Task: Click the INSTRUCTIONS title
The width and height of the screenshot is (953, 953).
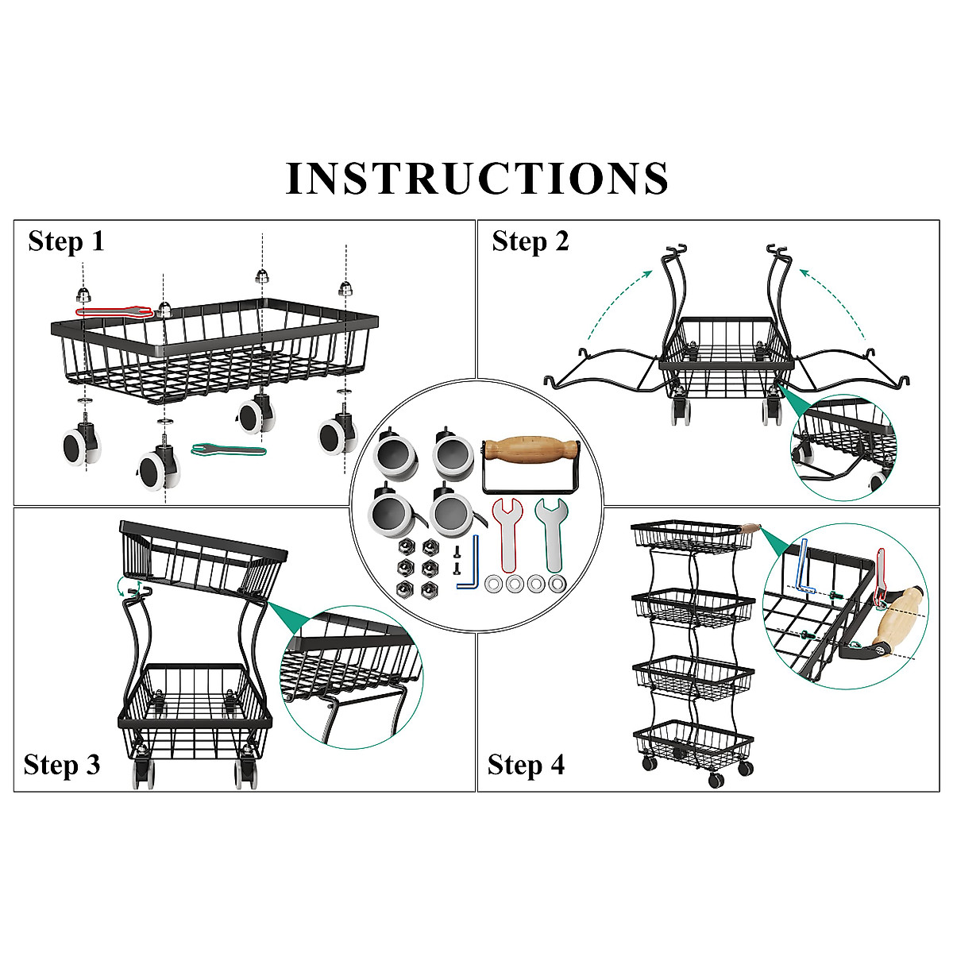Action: [476, 178]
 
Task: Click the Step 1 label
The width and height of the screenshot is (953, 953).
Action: [66, 241]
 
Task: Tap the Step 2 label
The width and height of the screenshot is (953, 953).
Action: [530, 241]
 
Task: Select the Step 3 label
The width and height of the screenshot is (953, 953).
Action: [62, 765]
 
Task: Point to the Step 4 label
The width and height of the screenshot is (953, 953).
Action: [526, 765]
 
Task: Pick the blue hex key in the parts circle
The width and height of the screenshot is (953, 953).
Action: [472, 565]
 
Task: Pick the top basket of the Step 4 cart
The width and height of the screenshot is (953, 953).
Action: [693, 536]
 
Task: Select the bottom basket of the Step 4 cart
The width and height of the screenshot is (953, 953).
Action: [693, 739]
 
